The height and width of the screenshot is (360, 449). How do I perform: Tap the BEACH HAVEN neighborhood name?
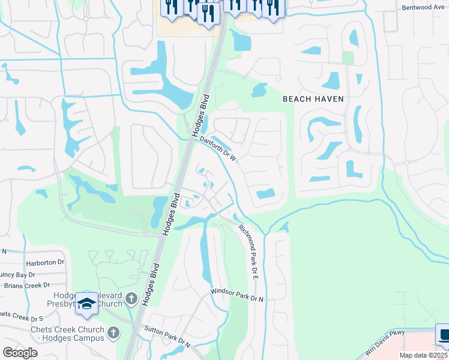pos(313,99)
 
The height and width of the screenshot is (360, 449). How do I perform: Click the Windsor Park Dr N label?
pos(237,295)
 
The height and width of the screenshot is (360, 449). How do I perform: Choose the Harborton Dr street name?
pos(44,263)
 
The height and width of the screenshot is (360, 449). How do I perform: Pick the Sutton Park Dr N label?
pos(167,337)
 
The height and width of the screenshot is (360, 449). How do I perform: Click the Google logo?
pos(19,352)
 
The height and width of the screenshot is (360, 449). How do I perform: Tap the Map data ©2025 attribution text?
pos(423,355)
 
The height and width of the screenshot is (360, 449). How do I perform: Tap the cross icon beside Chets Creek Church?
pos(114,332)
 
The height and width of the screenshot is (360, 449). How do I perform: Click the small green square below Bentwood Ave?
pos(348,58)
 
